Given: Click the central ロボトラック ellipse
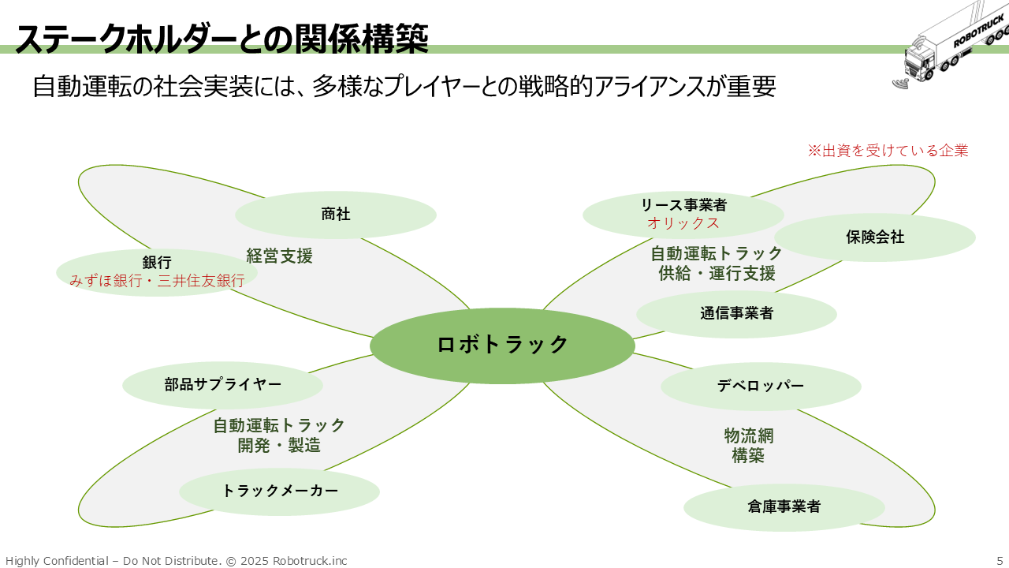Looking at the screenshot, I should coord(502,346).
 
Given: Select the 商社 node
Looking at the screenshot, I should coord(336,214).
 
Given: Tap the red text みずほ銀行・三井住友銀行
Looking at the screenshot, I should coord(157,280).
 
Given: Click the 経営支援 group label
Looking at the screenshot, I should coord(279,256).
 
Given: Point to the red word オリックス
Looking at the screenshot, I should coord(683,223).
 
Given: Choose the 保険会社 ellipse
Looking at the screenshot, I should coord(875,237).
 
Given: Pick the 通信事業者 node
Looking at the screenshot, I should coord(736,313).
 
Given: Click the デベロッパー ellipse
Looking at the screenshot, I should coord(761,386).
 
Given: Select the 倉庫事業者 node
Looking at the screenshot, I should coord(784,506).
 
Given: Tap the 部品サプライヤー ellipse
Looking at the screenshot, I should coord(222,385).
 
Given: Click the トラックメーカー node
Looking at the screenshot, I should coord(279,491).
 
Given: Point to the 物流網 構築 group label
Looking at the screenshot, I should coord(747,445).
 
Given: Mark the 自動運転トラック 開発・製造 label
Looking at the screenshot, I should coord(279,435).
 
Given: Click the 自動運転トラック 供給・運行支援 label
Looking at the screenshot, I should coord(717,263).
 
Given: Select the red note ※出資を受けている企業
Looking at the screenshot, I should coord(888,150).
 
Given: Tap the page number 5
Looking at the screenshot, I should coord(1000,560).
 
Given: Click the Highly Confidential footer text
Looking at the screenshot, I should coord(176,560).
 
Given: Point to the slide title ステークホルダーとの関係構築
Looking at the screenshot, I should coord(222,38).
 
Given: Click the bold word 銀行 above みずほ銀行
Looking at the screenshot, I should coord(157,263).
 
